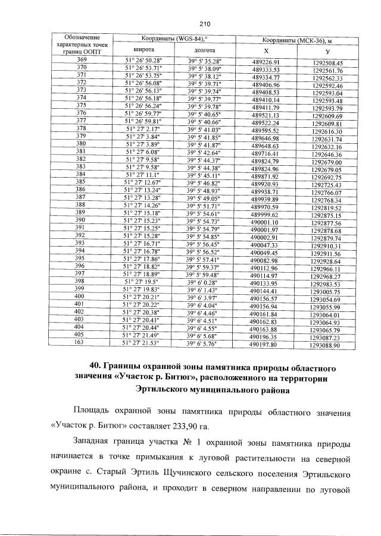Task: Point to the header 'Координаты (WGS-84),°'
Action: tap(173, 39)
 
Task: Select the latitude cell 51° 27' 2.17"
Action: tap(147, 128)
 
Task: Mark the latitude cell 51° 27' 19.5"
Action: tap(146, 282)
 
